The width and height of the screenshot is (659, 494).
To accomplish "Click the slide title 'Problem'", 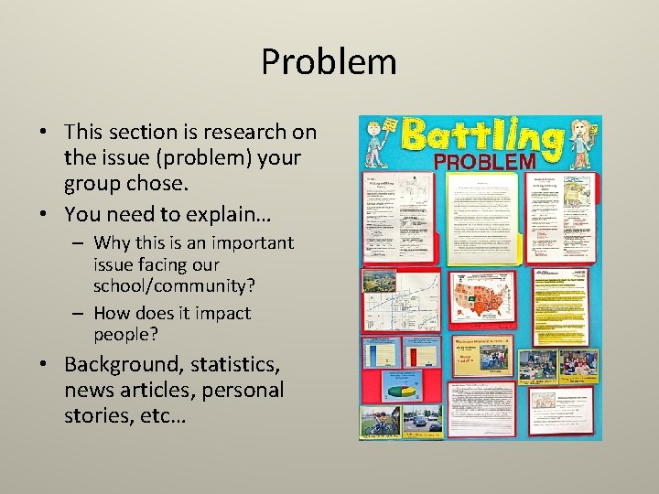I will click(x=329, y=62).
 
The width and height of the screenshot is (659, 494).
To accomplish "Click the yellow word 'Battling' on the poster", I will click(x=482, y=137).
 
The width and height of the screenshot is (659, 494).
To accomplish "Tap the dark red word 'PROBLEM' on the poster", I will click(x=484, y=161).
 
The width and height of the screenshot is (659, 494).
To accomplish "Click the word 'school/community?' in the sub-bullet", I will click(x=174, y=285).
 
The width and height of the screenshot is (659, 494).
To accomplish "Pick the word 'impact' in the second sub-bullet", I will click(x=220, y=313).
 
